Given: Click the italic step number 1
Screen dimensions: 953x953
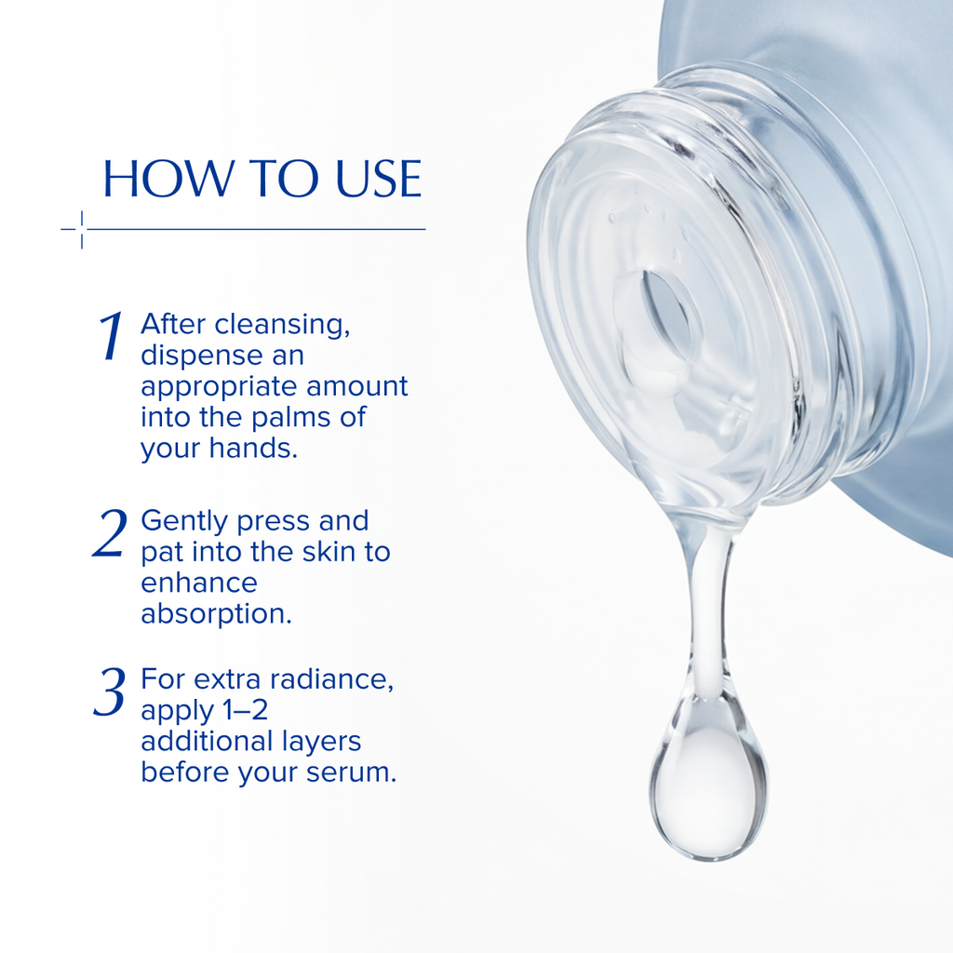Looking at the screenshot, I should pos(113,337).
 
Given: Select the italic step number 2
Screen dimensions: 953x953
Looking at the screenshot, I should pos(110,533).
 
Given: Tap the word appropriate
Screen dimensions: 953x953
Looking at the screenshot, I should pos(220,388).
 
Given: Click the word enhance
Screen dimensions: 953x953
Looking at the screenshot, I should pos(198,584).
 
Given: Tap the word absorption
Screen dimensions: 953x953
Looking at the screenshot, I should pos(216,615).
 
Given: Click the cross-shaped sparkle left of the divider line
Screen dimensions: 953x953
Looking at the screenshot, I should pos(81,229).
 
